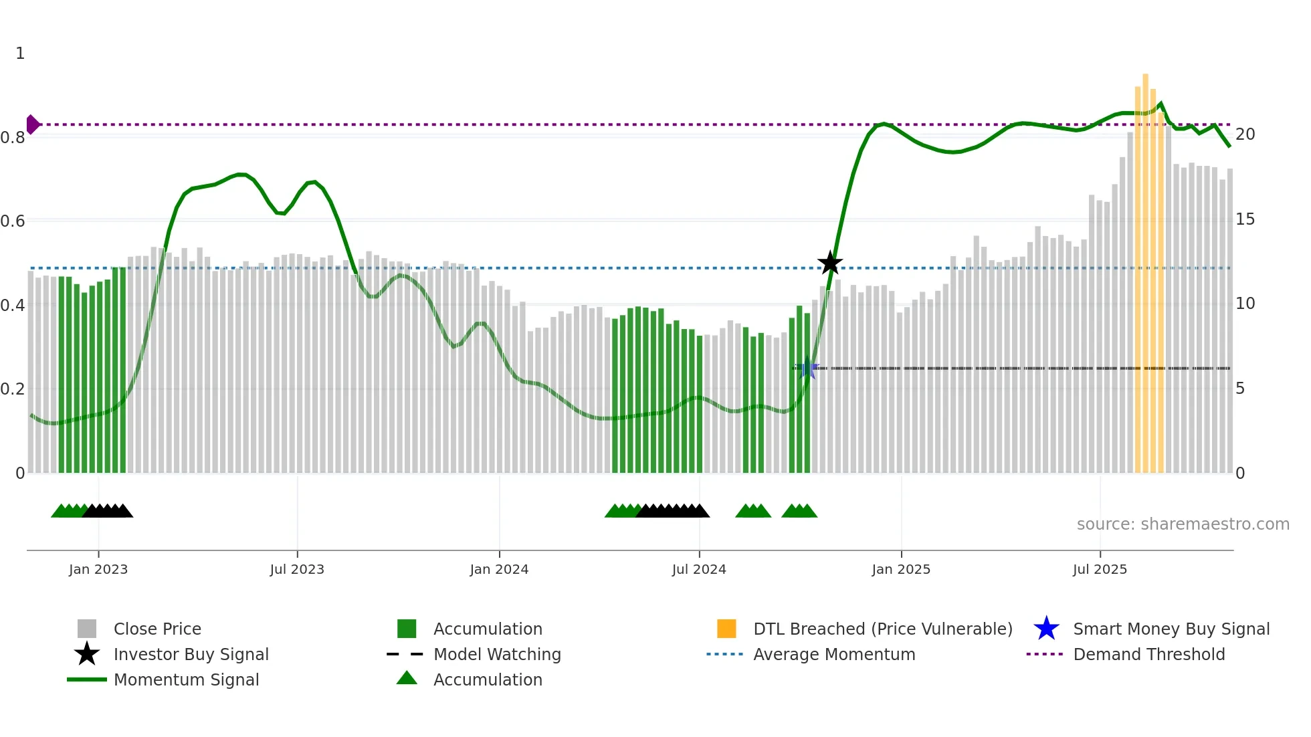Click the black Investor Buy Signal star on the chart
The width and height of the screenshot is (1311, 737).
830,263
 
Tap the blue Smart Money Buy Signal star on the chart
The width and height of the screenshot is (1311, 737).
807,368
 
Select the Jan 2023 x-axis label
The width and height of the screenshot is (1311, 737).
98,569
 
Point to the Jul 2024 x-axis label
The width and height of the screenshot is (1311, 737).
699,569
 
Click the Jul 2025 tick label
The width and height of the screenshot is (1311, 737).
1100,569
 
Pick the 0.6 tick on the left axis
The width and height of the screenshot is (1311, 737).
13,221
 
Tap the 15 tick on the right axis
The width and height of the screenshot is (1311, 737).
1245,219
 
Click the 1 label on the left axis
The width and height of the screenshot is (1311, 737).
20,54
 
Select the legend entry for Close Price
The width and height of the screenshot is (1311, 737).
157,629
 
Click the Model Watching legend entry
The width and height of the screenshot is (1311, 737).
497,654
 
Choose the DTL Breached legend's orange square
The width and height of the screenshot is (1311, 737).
726,629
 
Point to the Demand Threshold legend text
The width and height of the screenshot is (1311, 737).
1148,654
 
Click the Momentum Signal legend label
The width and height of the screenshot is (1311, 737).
186,679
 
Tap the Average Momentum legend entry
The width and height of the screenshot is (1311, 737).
833,654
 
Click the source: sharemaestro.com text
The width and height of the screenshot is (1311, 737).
1183,524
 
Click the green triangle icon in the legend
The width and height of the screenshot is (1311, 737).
407,678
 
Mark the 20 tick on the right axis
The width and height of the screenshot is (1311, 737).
1245,134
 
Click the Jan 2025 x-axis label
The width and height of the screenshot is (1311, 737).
901,569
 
